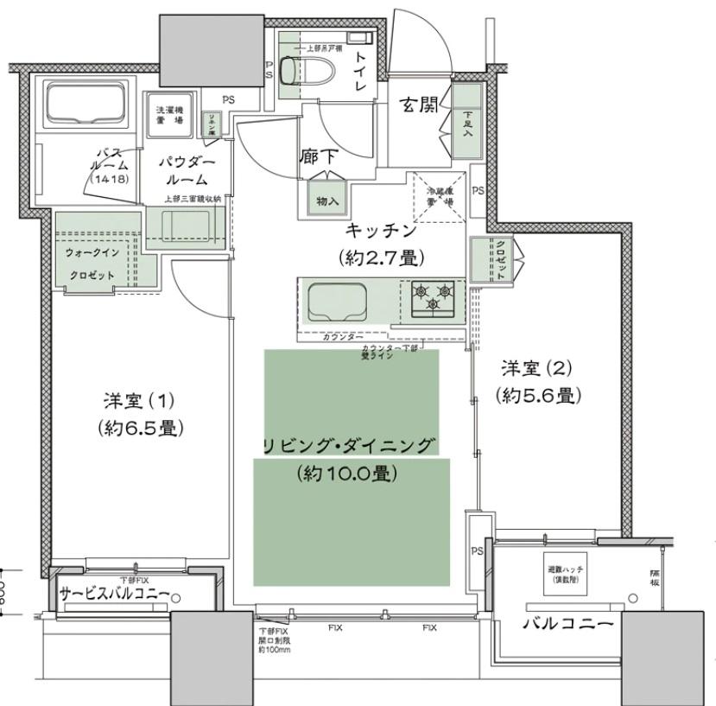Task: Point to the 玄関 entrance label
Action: coord(416,105)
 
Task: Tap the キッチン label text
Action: coord(381,231)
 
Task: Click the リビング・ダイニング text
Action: coord(347,446)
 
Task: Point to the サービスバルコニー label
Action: coord(119,594)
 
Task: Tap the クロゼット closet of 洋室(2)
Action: coord(500,258)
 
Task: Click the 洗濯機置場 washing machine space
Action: coord(168,115)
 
